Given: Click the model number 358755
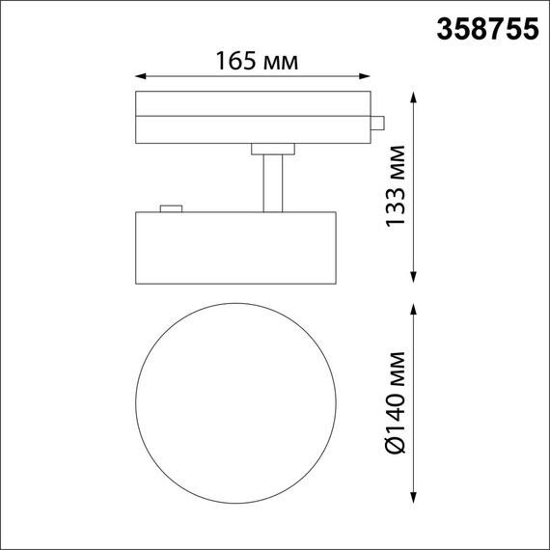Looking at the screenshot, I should click(x=487, y=29).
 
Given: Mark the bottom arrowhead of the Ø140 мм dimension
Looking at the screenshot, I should click(x=415, y=499).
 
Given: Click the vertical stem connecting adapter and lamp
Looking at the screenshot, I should click(x=273, y=181).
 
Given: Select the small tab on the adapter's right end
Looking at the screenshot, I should click(x=379, y=123).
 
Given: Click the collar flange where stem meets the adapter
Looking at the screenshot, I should click(x=273, y=149).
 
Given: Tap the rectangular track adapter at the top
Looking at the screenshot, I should click(x=253, y=117).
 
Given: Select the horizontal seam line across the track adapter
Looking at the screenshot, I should click(x=253, y=115).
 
